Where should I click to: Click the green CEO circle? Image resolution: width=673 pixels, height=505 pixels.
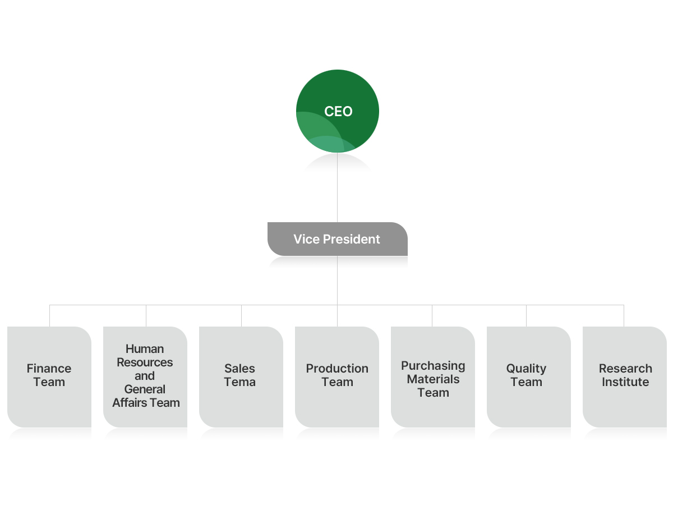click(x=338, y=111)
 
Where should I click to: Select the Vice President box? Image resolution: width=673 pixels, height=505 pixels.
click(x=337, y=239)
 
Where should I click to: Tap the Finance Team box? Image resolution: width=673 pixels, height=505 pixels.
click(x=49, y=377)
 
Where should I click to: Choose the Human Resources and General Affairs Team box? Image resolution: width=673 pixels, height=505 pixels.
click(x=145, y=377)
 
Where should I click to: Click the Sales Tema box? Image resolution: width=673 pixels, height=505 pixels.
click(x=241, y=377)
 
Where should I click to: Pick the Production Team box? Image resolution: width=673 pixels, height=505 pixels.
click(x=337, y=377)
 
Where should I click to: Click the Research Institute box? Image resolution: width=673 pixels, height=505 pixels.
click(x=625, y=377)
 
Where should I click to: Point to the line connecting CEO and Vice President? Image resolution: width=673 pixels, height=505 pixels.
click(x=337, y=188)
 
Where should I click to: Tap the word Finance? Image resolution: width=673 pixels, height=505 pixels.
click(x=49, y=369)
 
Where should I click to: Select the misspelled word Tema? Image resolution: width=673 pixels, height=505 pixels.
click(x=240, y=382)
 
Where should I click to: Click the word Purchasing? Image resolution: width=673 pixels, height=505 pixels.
click(x=433, y=366)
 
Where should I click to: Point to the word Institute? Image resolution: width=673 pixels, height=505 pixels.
click(x=625, y=382)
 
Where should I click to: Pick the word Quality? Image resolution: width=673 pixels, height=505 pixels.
click(x=526, y=369)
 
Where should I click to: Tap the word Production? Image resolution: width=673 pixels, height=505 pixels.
click(x=337, y=369)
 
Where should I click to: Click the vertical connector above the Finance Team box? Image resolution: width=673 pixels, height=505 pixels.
click(x=50, y=316)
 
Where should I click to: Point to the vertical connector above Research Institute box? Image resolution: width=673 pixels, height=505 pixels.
click(x=624, y=316)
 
